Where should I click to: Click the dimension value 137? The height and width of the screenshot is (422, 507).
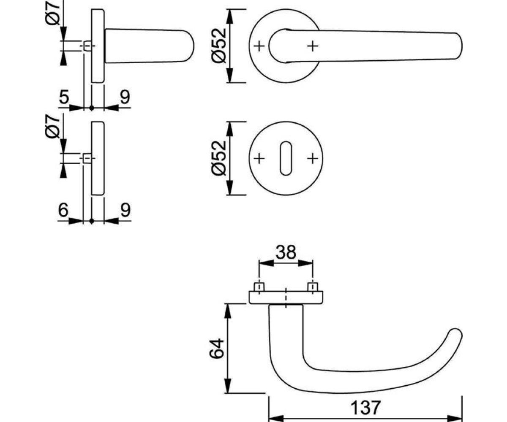[x=366, y=408]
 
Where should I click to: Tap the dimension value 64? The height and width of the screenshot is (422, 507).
[x=216, y=349]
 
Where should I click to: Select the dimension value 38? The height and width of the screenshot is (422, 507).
[x=286, y=252]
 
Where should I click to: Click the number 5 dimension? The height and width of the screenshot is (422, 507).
[x=64, y=97]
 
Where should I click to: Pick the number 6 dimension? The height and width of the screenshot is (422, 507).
[x=63, y=210]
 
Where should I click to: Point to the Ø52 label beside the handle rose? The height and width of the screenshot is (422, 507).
[x=219, y=46]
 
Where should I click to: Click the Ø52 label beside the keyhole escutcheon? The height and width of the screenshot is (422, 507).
[x=219, y=158]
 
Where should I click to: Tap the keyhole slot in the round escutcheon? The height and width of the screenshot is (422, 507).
[x=286, y=158]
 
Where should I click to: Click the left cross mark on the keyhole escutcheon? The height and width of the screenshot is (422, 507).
[x=259, y=158]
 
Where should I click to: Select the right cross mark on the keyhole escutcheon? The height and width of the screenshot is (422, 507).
[x=313, y=158]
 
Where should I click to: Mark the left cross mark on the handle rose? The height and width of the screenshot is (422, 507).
[x=259, y=46]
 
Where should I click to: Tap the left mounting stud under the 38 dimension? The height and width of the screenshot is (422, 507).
[x=259, y=287]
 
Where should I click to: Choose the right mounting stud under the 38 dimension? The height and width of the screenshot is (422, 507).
[x=313, y=287]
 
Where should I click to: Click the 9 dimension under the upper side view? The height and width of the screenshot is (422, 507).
[x=125, y=97]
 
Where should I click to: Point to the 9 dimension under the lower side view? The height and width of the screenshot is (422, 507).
[x=125, y=210]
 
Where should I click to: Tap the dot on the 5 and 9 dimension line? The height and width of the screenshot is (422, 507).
[x=92, y=108]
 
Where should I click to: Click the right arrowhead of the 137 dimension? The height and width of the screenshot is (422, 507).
[x=455, y=419]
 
